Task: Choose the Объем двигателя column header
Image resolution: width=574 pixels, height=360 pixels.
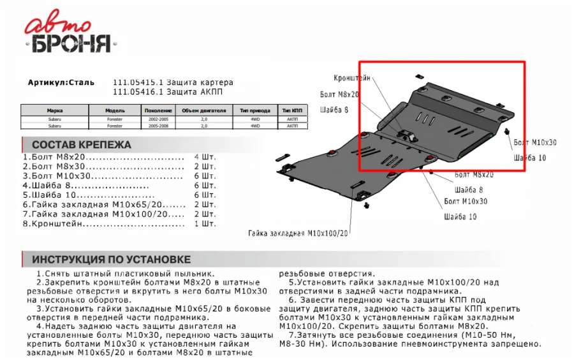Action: click(203, 110)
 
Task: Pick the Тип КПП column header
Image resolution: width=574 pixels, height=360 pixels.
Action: click(292, 110)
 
